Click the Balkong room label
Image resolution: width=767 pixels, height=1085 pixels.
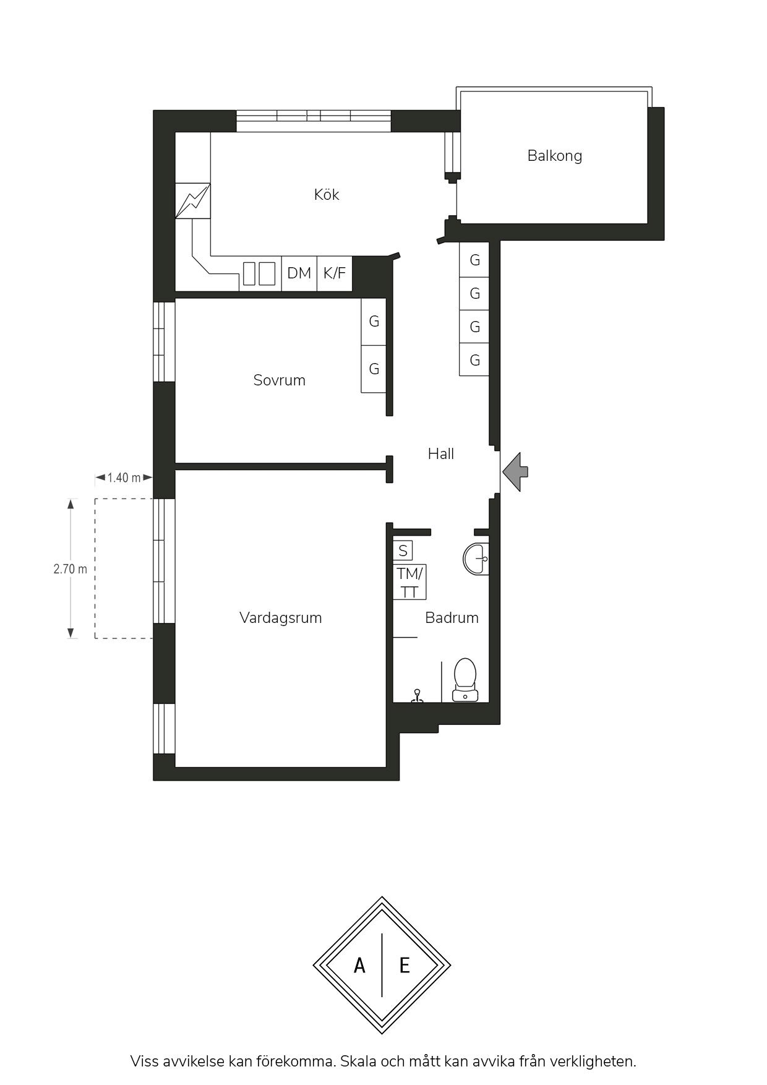(555, 156)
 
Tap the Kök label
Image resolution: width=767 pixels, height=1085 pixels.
(327, 195)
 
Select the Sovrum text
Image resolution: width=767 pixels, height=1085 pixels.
(280, 380)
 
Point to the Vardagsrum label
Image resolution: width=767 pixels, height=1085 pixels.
(281, 618)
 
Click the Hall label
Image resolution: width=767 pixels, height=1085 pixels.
(441, 454)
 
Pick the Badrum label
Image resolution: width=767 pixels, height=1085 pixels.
(452, 618)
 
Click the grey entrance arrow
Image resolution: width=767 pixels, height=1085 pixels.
(515, 471)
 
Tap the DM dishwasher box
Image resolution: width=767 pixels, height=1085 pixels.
(299, 273)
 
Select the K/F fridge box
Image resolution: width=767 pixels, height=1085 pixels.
(335, 273)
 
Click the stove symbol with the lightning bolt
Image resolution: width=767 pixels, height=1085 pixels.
(193, 201)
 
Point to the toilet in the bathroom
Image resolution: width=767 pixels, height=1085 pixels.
(465, 680)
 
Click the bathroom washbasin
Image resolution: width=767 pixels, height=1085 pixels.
(476, 559)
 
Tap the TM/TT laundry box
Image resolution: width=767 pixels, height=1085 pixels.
(409, 582)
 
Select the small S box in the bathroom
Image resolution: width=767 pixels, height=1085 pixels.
(403, 551)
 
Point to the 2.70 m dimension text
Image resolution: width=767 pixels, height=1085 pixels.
(71, 569)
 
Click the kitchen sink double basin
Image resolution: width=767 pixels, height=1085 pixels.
(259, 273)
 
